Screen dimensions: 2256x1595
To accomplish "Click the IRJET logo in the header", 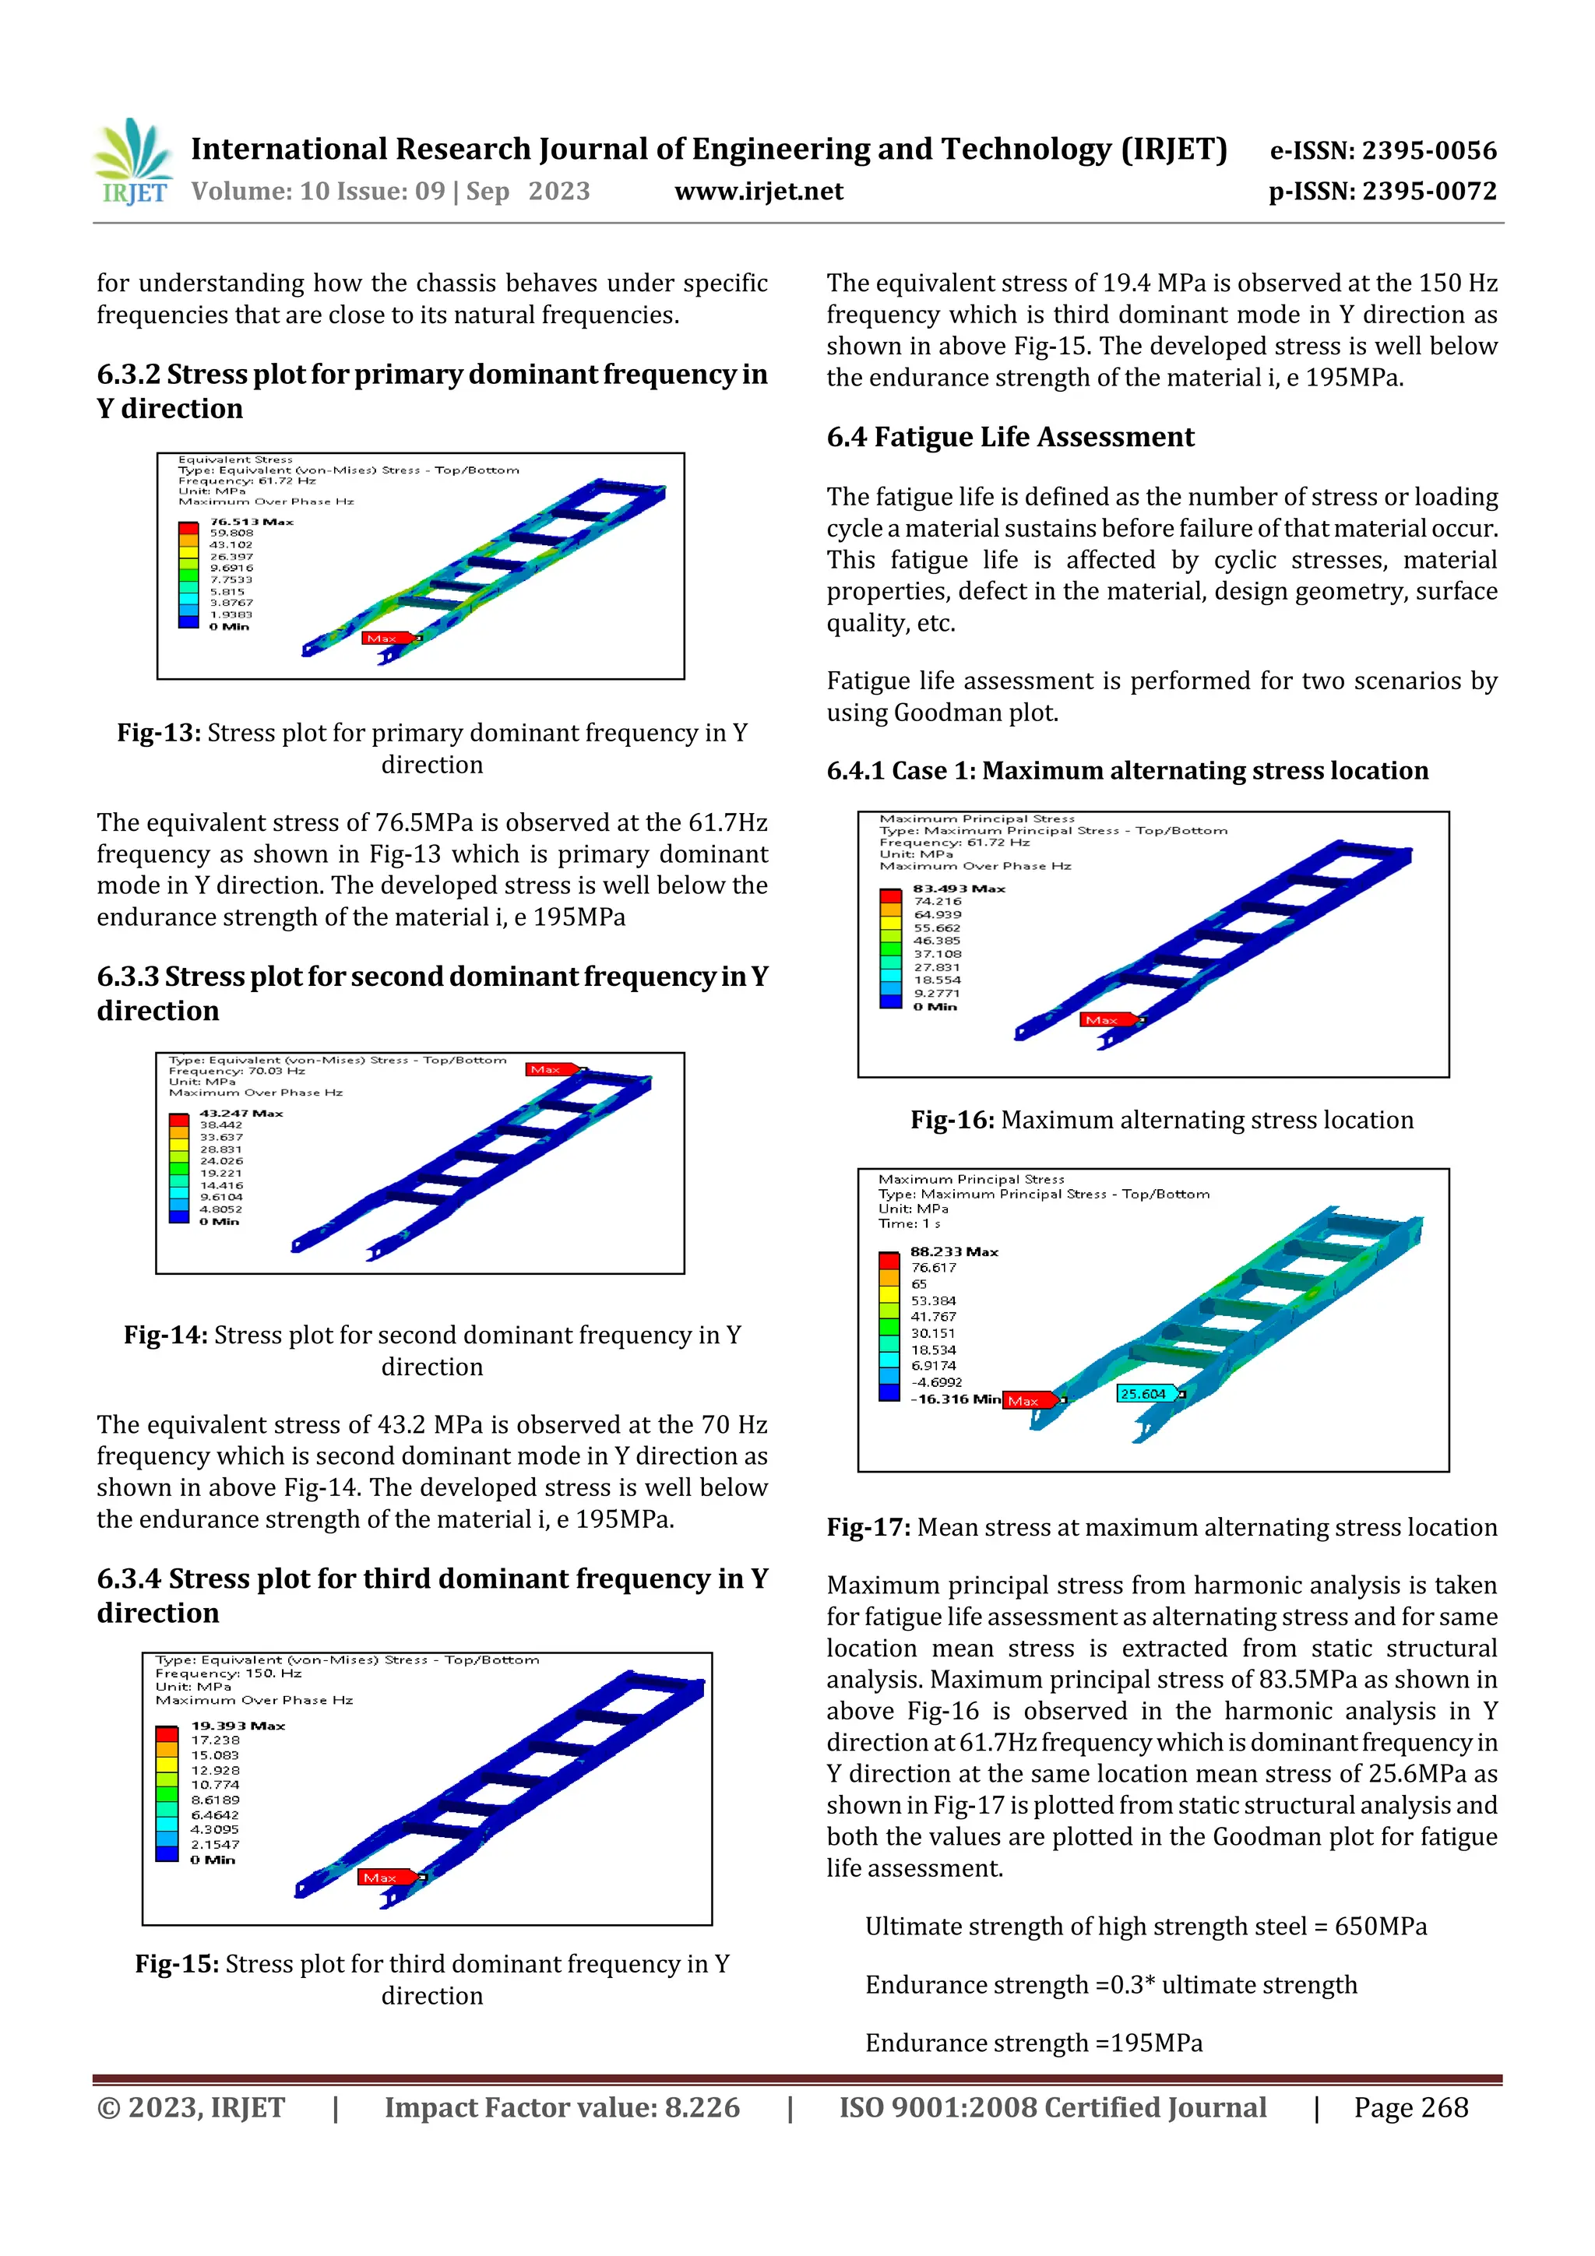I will [x=132, y=162].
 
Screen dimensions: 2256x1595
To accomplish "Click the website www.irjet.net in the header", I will [x=758, y=191].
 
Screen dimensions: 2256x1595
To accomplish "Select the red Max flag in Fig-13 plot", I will [x=384, y=639].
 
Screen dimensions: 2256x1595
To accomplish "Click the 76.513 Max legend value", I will [x=251, y=522].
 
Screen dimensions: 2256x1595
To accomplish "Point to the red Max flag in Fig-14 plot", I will [x=548, y=1069].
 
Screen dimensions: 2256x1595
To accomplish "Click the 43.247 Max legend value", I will [x=241, y=1114].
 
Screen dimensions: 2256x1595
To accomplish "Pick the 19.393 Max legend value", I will [x=238, y=1726].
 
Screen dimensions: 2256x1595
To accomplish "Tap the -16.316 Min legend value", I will [x=956, y=1399].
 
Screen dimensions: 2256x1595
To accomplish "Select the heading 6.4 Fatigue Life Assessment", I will [x=1009, y=436].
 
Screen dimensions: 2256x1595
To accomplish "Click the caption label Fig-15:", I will [x=177, y=1963].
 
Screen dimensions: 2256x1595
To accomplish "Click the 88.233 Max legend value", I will [x=953, y=1251].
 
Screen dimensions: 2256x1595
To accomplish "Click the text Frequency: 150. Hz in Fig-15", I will [x=228, y=1673].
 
